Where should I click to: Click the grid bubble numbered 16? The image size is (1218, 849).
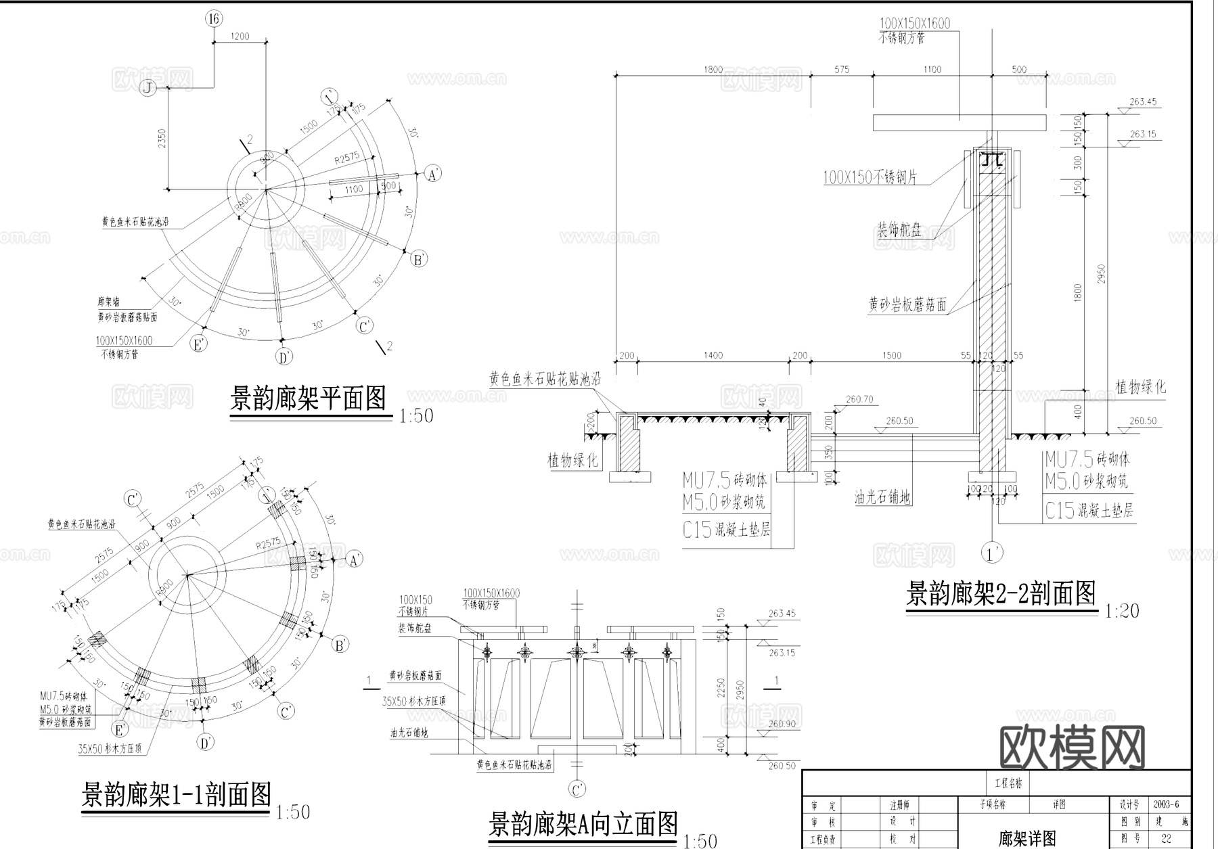click(214, 19)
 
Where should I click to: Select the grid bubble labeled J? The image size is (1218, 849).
click(148, 88)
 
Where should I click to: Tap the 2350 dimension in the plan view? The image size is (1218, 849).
click(161, 139)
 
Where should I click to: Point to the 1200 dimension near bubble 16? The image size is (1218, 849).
click(240, 37)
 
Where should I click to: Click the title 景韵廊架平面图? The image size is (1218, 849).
click(309, 399)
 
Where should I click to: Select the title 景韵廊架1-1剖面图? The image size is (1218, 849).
click(176, 794)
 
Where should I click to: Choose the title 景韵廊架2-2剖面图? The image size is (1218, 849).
click(1000, 594)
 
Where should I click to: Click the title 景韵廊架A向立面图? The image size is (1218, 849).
click(583, 824)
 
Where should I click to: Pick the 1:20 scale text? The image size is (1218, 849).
click(1122, 612)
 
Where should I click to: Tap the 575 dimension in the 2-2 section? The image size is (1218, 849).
click(842, 70)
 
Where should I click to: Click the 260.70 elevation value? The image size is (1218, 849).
click(859, 400)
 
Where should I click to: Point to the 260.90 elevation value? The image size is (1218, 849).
click(782, 725)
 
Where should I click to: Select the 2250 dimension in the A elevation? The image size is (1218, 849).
click(721, 689)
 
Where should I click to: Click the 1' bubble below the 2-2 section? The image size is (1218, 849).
click(993, 554)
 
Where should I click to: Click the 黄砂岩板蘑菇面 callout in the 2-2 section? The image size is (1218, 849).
click(907, 305)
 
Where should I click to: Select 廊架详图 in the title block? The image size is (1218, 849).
click(1027, 839)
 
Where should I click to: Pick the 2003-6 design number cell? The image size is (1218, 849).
click(1166, 804)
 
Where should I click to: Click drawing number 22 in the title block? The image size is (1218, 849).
click(1166, 838)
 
